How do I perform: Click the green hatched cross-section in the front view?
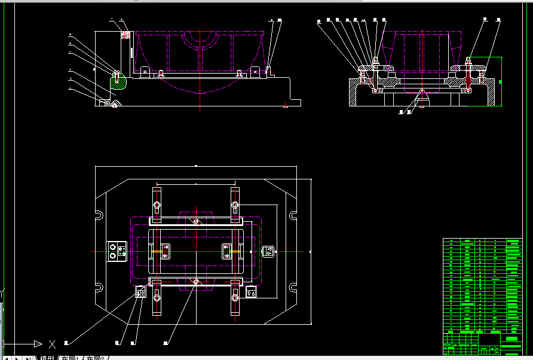118,81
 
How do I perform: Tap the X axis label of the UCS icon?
52,344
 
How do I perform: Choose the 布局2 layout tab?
97,358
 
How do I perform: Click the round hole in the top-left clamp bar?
157,206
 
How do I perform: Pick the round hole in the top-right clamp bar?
235,206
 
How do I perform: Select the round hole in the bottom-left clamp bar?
157,297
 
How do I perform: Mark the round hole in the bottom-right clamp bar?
235,297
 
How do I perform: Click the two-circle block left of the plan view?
115,251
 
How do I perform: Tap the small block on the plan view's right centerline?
268,252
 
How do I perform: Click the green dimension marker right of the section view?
501,81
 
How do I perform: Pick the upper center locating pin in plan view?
196,221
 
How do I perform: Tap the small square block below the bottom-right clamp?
252,293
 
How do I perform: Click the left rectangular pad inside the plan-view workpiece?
164,251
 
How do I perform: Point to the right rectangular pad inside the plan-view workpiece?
226,251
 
